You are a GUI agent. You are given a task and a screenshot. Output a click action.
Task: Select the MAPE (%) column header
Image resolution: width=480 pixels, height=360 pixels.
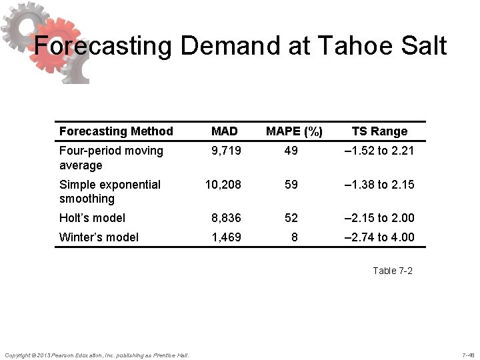pos(295,131)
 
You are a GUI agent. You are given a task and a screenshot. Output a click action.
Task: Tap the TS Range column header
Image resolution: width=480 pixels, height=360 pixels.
pos(379,131)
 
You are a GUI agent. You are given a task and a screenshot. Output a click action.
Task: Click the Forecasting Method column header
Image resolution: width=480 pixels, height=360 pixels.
pos(116,131)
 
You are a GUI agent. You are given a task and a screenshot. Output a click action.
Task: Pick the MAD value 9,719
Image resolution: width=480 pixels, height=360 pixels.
pos(227,151)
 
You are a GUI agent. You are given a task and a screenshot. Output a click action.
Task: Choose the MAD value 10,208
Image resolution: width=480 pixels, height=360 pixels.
pos(224,184)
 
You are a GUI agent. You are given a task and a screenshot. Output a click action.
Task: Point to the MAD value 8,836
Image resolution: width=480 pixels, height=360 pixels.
pos(227,217)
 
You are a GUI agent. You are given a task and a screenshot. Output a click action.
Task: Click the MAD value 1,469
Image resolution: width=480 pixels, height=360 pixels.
pos(227,237)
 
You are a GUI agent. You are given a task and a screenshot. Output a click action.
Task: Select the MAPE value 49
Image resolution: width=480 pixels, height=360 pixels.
pos(291,151)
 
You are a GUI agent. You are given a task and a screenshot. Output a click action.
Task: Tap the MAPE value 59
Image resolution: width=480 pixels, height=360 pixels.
pos(291,184)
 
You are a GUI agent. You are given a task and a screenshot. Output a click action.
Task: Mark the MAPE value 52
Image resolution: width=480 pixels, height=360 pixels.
pos(291,217)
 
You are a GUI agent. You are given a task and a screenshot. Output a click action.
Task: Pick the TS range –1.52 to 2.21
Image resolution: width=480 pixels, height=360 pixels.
pos(379,151)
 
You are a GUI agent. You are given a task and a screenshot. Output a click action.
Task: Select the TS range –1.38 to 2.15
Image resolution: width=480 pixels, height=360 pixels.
pos(379,184)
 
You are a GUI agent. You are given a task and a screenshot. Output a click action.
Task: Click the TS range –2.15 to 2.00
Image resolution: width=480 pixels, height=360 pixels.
pos(379,217)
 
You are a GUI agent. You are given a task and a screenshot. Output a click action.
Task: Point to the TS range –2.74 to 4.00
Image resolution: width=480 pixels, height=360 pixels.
pos(379,237)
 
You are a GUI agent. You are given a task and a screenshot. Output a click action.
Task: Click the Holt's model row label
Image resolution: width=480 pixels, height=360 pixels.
pos(92,217)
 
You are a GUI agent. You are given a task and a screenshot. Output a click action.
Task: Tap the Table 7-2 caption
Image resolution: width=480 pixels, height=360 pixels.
pos(393,271)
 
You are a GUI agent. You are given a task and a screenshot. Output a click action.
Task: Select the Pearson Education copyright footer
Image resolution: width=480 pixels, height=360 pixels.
pos(97,354)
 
